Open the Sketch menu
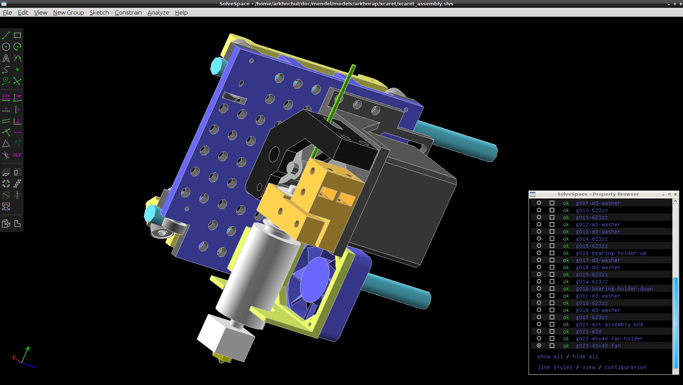(x=99, y=12)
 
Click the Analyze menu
(x=158, y=12)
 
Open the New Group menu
(x=68, y=12)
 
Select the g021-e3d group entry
(x=589, y=332)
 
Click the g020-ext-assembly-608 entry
(x=609, y=324)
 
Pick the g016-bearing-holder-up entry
(x=611, y=253)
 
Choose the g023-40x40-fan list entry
(x=598, y=346)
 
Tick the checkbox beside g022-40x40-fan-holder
(x=552, y=339)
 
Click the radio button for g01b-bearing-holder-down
(x=539, y=289)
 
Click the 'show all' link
(x=550, y=356)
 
